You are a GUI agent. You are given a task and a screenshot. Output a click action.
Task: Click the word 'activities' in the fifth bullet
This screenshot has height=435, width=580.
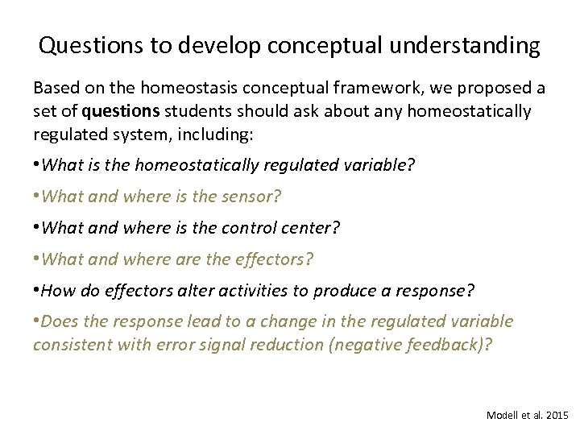[x=229, y=290]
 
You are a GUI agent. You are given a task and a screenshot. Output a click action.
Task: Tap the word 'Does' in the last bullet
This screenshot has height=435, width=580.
[x=59, y=321]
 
